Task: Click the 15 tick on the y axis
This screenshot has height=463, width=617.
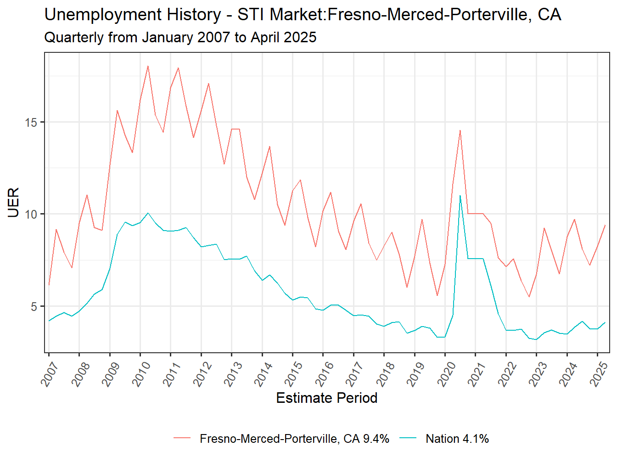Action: click(31, 123)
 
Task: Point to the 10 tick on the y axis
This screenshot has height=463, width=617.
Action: click(31, 215)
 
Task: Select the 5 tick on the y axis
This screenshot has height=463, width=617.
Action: click(34, 306)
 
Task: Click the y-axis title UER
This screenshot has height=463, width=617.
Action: click(14, 203)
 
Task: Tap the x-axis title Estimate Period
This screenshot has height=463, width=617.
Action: click(326, 398)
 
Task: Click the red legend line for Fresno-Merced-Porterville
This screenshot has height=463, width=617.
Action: click(182, 439)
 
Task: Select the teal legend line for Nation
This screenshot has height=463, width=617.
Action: click(408, 439)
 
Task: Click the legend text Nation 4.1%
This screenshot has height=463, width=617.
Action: click(457, 439)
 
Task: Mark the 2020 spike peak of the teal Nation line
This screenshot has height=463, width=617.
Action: click(460, 196)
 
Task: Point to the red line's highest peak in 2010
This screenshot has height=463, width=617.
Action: click(148, 66)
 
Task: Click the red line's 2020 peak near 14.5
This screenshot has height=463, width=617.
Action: click(460, 130)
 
